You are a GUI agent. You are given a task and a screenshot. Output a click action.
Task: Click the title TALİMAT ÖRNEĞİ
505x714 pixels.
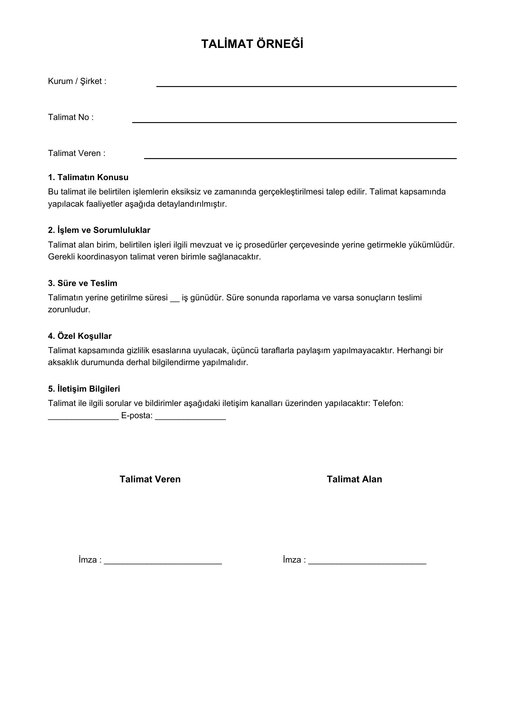pos(252,44)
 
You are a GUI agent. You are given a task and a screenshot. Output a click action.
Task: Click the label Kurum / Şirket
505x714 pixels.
pos(77,81)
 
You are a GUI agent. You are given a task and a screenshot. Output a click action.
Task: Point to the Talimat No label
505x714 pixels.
pos(71,117)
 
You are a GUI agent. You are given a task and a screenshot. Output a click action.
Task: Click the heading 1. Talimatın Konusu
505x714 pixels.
pos(88,177)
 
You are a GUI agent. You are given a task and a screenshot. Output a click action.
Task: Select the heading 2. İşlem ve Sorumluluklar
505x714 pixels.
pos(99,230)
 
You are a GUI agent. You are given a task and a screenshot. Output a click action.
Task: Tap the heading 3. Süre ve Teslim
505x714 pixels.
pos(82,283)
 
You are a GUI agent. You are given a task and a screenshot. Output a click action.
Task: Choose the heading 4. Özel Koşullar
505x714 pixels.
pos(80,336)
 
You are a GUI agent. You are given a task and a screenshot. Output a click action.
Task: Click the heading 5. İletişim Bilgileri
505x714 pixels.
pos(84,389)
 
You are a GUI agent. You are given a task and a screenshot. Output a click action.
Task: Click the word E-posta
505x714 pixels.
pos(137,416)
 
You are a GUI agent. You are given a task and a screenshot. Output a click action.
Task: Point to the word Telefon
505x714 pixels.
pos(388,403)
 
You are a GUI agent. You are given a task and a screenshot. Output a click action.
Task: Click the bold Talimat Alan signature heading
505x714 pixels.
pos(354,479)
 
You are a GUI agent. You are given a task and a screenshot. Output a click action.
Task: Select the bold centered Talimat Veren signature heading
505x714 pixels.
pos(150,479)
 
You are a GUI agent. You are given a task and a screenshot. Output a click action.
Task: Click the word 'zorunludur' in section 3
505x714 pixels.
pos(69,310)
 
